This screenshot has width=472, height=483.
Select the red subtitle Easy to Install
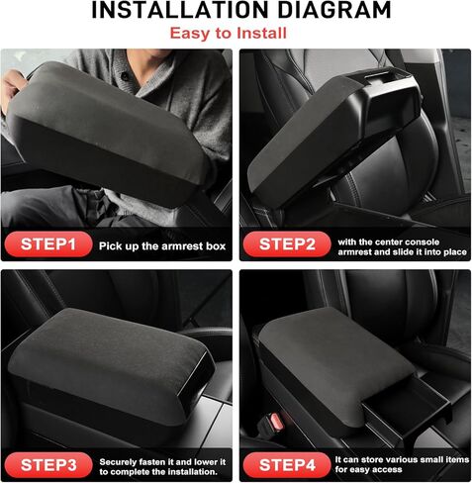coord(235,34)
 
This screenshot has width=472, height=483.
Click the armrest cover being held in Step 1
coord(119,139)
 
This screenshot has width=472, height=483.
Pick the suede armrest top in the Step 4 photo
coord(336,346)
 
